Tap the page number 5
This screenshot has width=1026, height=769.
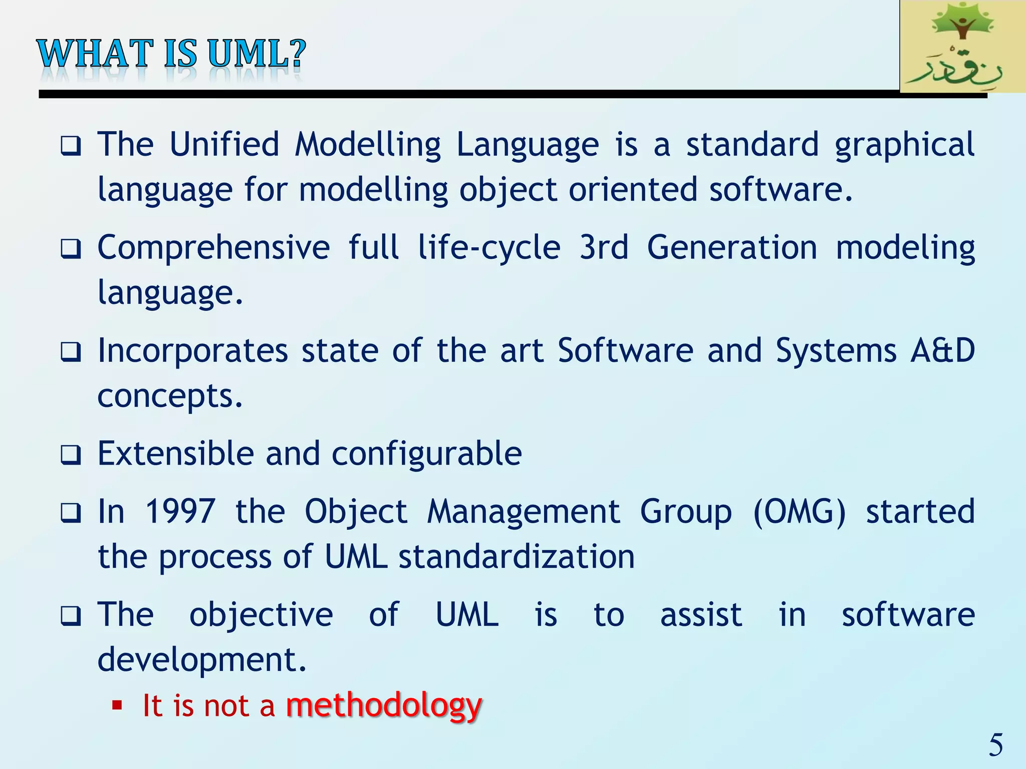coord(995,745)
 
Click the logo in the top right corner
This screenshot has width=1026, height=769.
coord(962,46)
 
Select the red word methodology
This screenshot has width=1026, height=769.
coord(384,705)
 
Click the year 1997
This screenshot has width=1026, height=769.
coord(180,511)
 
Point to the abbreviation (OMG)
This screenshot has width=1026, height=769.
coord(800,512)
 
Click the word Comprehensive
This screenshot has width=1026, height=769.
coord(213,247)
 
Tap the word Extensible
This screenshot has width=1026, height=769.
coord(175,454)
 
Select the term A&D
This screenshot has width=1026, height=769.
coord(942,350)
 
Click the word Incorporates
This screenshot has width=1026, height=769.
coord(193,350)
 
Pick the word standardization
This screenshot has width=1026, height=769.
coord(517,557)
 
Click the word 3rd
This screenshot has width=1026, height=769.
coord(603,247)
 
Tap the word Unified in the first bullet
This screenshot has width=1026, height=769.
coord(224,144)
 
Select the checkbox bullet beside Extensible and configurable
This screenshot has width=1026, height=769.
coord(71,455)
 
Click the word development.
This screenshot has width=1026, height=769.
coord(201,660)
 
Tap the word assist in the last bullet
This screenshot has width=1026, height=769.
coord(701,614)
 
